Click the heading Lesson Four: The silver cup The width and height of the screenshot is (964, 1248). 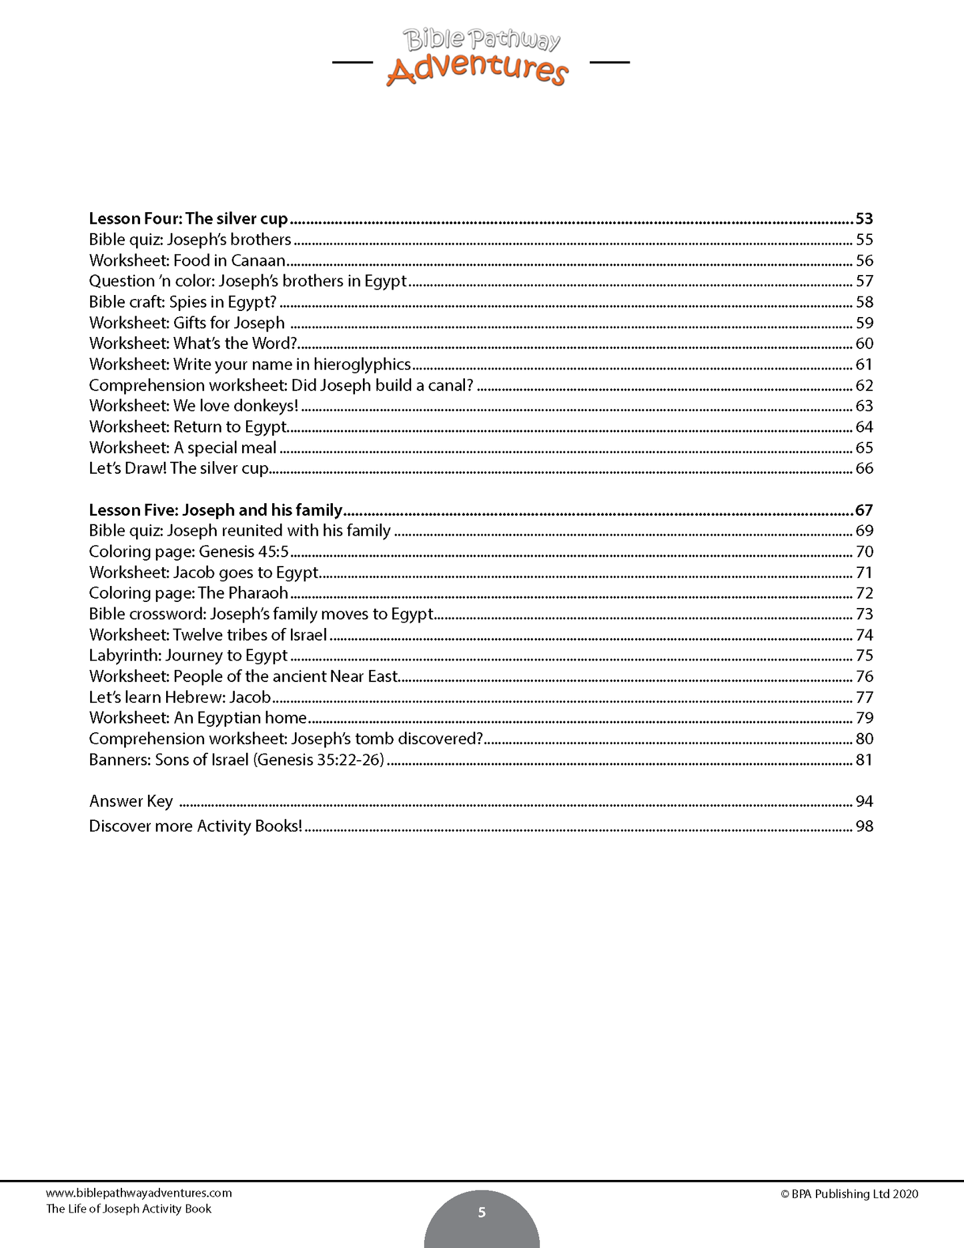[188, 219]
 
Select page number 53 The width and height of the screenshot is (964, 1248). [864, 219]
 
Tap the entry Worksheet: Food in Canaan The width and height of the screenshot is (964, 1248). [187, 260]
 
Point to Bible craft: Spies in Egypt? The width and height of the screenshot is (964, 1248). [182, 302]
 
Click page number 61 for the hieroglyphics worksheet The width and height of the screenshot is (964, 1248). [864, 364]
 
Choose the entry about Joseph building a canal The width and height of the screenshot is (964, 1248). [281, 385]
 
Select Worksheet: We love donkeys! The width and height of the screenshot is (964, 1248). [193, 406]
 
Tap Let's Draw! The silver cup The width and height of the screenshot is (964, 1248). [179, 468]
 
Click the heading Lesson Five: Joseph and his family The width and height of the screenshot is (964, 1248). [215, 510]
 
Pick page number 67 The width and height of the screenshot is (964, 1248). [864, 510]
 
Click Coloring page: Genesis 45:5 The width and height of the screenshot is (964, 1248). [189, 551]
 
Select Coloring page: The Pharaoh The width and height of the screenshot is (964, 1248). [188, 593]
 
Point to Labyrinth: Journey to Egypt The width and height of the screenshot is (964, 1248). [188, 655]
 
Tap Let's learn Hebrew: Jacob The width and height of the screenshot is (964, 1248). [180, 697]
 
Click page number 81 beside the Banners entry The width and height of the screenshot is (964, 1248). [864, 759]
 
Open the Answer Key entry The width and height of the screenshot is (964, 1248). [131, 801]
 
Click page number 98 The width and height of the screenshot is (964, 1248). [864, 826]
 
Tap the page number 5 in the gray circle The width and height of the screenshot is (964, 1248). [482, 1213]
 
